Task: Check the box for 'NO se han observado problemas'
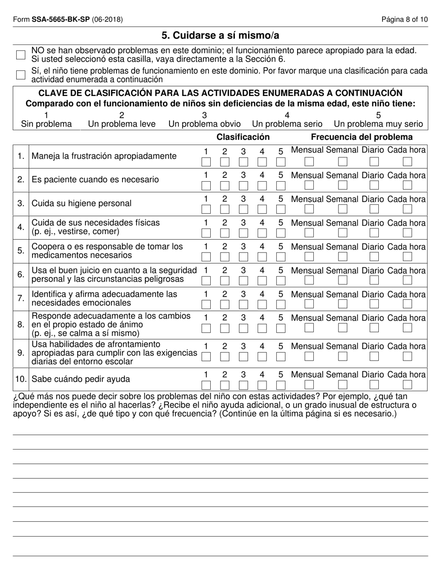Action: point(20,55)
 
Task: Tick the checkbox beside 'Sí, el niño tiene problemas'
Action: point(20,75)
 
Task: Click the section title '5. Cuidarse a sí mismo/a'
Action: point(220,35)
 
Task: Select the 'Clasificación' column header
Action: point(243,137)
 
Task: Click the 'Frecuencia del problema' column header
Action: point(362,137)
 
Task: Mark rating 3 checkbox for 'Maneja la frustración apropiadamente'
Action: point(243,162)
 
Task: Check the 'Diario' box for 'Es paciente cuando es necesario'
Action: point(374,185)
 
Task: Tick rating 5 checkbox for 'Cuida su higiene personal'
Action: point(280,209)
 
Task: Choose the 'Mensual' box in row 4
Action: point(309,233)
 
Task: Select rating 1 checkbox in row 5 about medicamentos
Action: point(206,257)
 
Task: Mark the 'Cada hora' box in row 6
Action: point(407,280)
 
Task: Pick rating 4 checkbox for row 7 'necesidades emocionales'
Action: point(262,304)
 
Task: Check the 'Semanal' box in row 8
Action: point(343,328)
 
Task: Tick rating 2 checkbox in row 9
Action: point(225,356)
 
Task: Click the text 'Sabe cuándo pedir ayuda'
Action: point(81,380)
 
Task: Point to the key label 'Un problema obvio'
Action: point(204,124)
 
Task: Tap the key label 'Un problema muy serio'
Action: point(378,124)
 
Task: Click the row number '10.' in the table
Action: point(21,380)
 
